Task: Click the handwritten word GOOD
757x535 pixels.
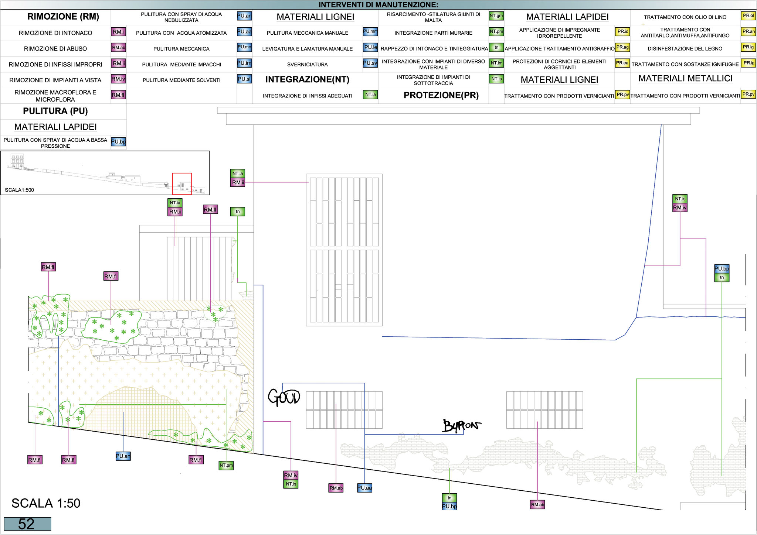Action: coord(284,397)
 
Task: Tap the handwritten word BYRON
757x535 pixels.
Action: coord(462,426)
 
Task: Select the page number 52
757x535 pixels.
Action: coord(27,524)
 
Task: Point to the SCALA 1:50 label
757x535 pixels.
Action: coord(46,503)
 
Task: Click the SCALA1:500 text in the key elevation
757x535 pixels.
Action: coord(20,190)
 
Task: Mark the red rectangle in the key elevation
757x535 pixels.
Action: coord(182,184)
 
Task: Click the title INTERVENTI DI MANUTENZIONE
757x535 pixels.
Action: coord(378,5)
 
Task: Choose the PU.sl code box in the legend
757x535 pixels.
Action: coord(244,79)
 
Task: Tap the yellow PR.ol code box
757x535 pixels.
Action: coord(748,16)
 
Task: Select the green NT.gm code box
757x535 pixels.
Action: coord(496,16)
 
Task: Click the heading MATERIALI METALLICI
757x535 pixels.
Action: coord(685,78)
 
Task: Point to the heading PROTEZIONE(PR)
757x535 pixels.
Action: coord(441,95)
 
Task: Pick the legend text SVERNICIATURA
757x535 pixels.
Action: coord(308,65)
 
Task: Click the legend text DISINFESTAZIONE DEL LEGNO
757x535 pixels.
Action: coord(685,49)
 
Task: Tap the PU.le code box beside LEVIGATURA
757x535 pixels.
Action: coord(370,47)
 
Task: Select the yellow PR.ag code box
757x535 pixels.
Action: coord(622,47)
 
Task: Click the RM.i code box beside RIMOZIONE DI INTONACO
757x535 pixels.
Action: coord(119,32)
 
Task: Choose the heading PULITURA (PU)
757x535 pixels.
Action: coord(55,111)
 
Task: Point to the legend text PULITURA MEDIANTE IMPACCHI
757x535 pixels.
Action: coord(181,65)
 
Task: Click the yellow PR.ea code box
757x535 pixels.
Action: coord(622,63)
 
